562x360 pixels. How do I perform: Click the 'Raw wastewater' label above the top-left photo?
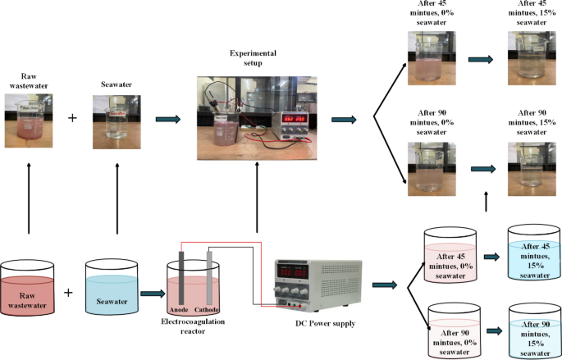28,80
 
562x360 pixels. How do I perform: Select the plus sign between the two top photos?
72,118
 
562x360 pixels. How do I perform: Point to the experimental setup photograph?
257,118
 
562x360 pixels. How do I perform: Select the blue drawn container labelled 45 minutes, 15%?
534,256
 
